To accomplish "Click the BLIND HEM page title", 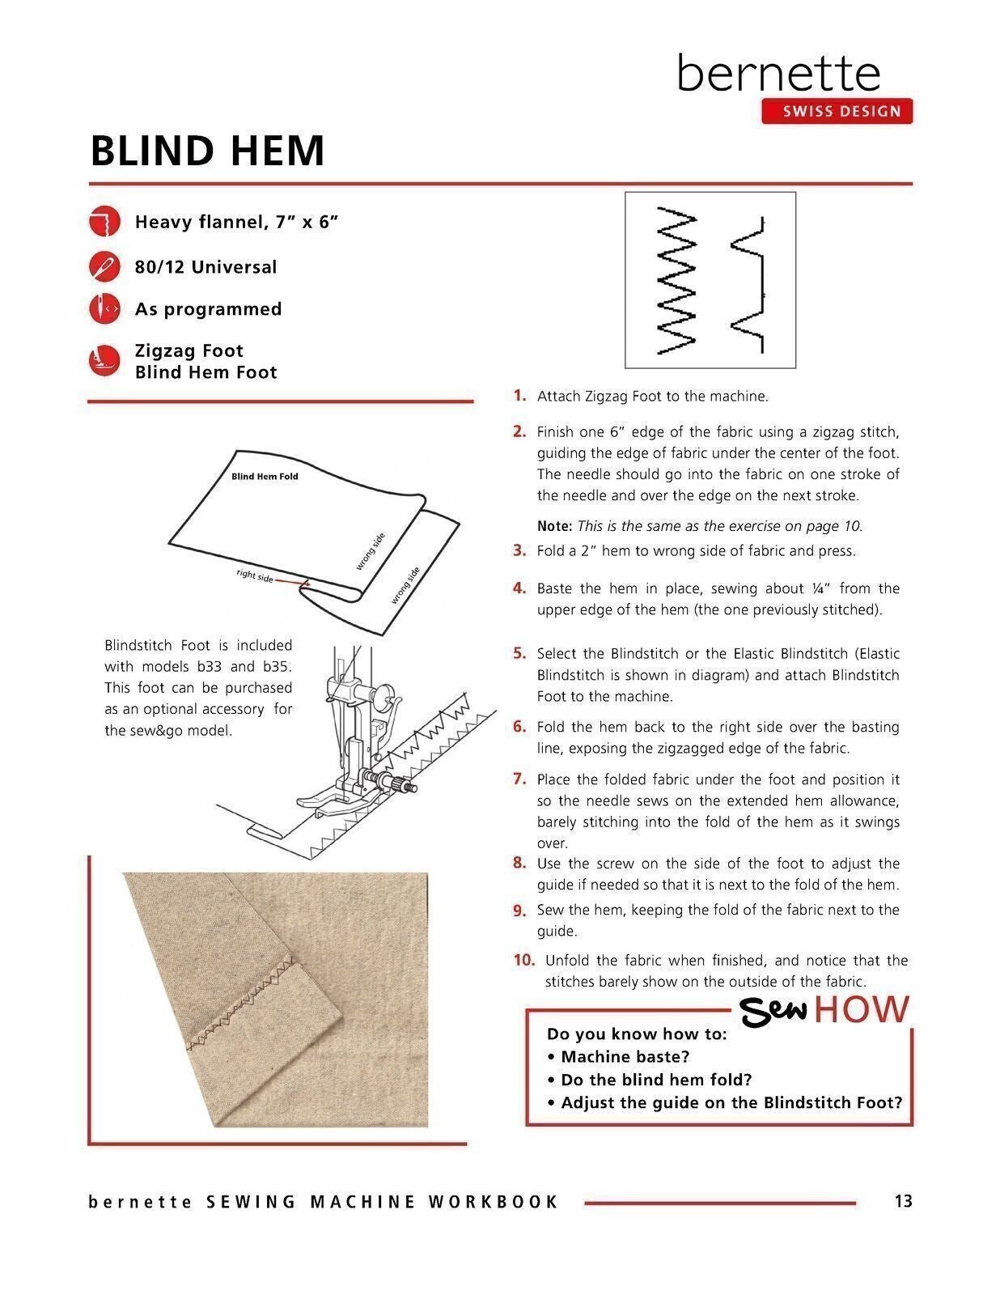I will pos(207,151).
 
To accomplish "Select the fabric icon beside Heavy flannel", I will pos(104,221).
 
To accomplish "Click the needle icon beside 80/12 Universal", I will pos(104,266).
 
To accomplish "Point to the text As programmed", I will pos(208,309).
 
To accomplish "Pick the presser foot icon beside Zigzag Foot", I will pos(104,360).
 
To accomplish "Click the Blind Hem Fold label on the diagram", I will pos(265,477).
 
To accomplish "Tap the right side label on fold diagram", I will pos(255,575).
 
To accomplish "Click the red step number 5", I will pos(519,653).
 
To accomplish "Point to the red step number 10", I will pos(523,960).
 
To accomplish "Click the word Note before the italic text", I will pos(554,526).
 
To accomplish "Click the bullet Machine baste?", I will pos(618,1056).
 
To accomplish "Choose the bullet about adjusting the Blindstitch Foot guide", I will pos(724,1102).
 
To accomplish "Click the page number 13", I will pos(903,1201).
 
